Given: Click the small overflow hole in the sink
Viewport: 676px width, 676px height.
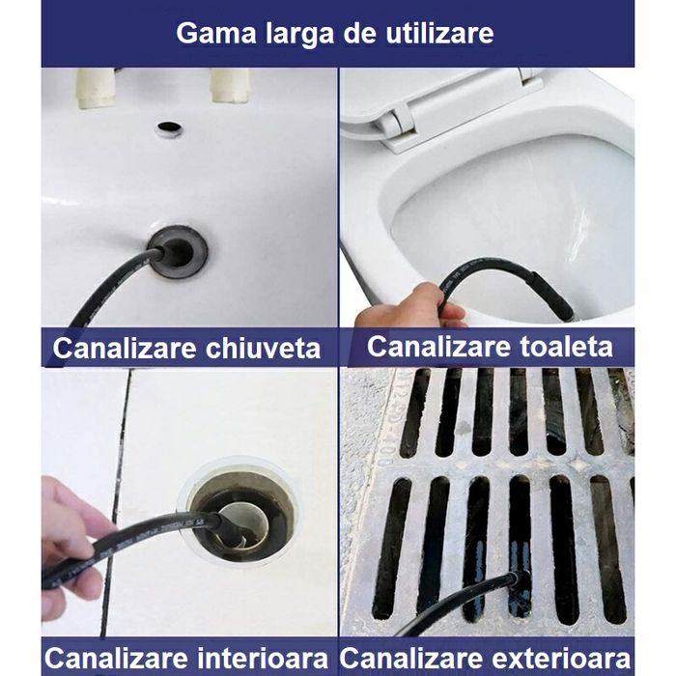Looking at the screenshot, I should tap(170, 127).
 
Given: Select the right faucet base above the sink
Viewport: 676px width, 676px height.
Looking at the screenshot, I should tap(231, 85).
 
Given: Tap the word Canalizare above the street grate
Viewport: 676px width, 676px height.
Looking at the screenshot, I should tap(414, 659).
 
